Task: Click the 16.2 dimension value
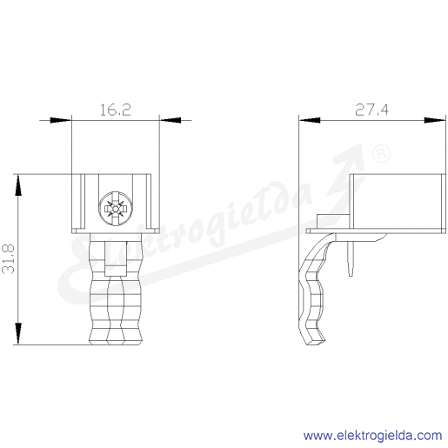click(116, 110)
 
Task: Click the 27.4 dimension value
click(371, 110)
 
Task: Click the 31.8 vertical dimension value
click(9, 259)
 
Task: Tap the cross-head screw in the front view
click(116, 208)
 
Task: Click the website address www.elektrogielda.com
click(373, 436)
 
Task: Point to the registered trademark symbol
click(381, 154)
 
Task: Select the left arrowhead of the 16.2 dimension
click(60, 120)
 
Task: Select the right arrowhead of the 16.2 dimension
click(171, 120)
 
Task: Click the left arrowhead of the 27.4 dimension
click(310, 120)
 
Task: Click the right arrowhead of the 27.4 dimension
click(435, 120)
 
